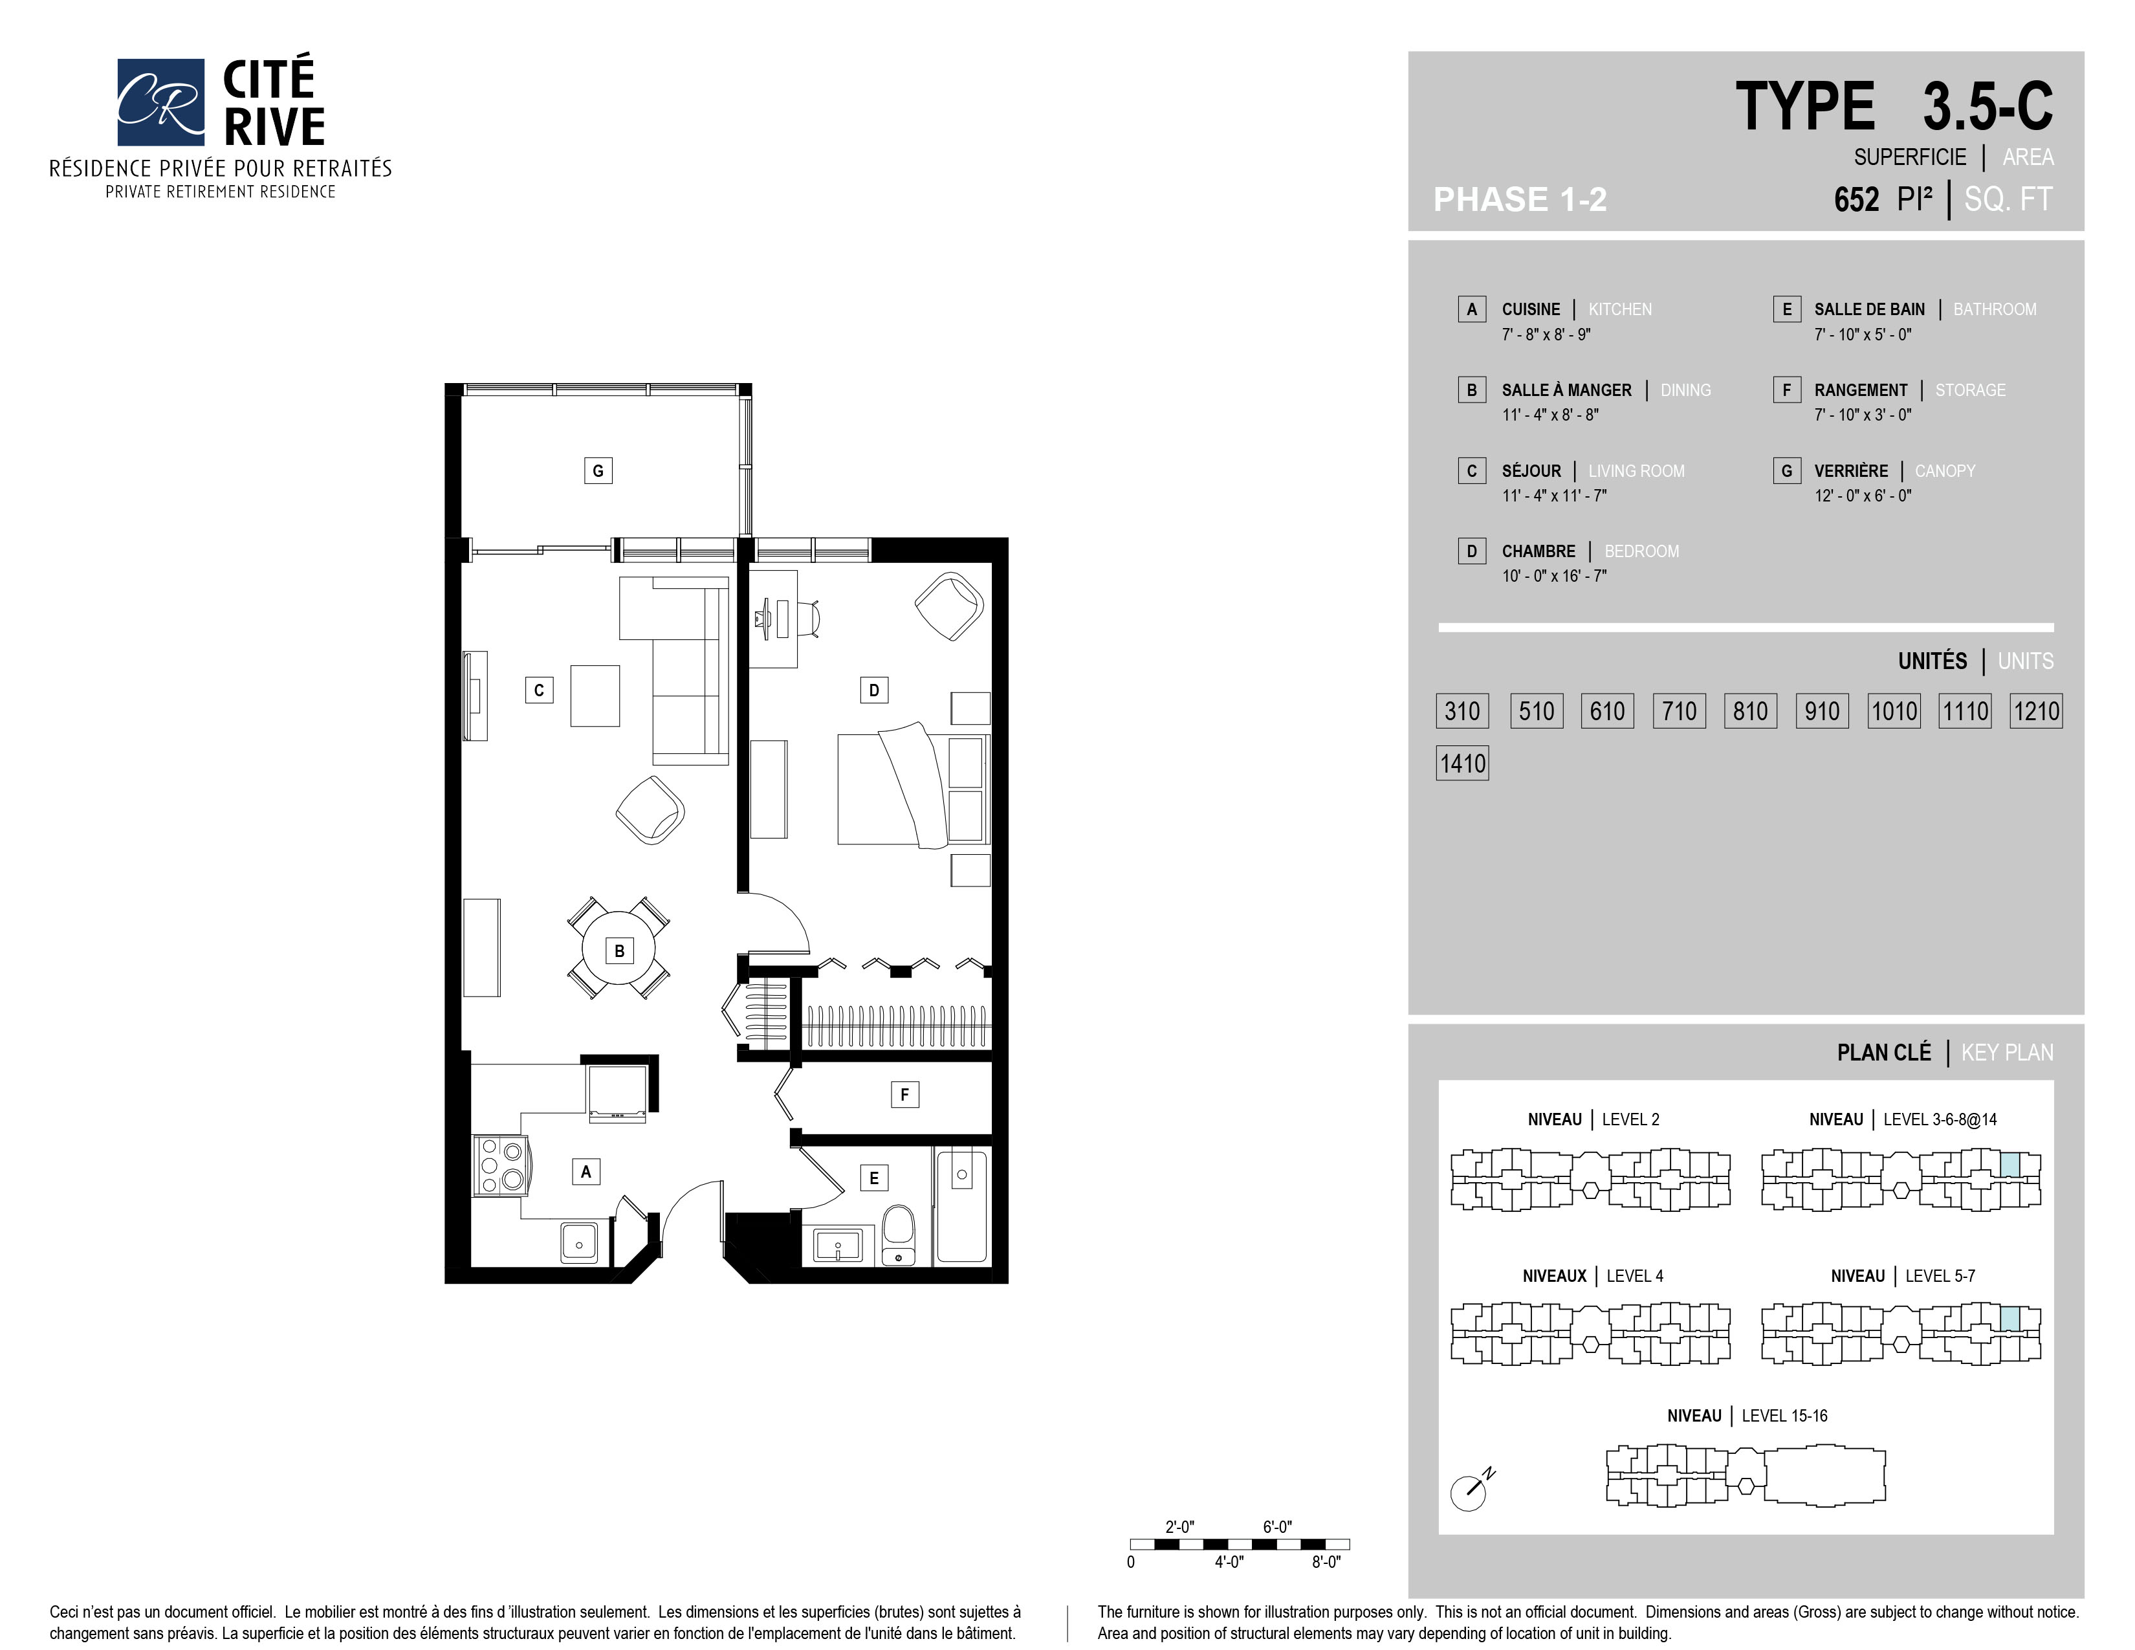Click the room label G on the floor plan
pos(598,470)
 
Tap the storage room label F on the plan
pos(904,1095)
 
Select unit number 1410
pos(1462,764)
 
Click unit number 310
pos(1462,710)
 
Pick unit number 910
pos(1822,710)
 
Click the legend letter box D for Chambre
pos(1471,551)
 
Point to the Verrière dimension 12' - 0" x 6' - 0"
pos(1863,496)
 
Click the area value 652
pos(1856,199)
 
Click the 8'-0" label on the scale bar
pos(1326,1562)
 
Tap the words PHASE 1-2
pos(1520,199)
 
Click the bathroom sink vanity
pos(838,1246)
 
